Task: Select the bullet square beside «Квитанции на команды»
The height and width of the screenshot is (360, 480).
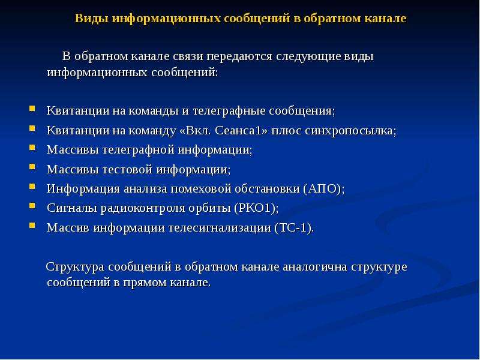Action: point(32,109)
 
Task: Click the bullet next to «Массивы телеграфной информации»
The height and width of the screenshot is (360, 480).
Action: point(32,148)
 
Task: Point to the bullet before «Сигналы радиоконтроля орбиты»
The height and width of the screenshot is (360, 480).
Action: point(32,206)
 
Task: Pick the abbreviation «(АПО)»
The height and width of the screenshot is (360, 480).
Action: point(324,188)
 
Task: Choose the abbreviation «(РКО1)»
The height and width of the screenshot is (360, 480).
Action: point(257,208)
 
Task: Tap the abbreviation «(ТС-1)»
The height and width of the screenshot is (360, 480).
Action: point(294,228)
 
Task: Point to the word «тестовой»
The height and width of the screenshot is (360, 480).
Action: point(127,169)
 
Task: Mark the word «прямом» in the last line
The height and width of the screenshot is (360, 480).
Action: point(144,283)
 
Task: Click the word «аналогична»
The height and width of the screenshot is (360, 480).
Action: point(314,266)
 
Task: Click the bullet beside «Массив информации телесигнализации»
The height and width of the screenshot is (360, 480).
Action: point(32,226)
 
